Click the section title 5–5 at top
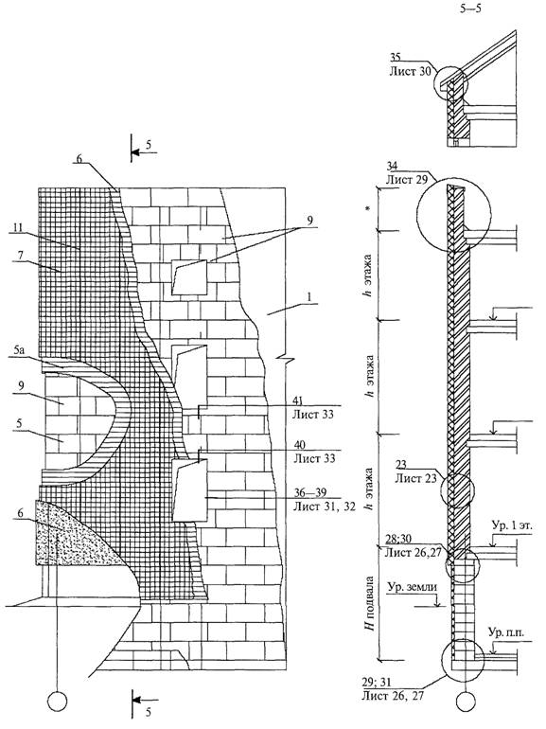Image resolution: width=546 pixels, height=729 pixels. pos(470,9)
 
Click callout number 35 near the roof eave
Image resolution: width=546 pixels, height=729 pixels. pos(396,58)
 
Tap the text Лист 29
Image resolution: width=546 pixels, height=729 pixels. pos(407,180)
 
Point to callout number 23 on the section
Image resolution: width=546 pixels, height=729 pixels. pos(402,464)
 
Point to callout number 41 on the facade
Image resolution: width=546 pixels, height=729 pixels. pos(299,400)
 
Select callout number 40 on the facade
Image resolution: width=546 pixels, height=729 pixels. pos(300,445)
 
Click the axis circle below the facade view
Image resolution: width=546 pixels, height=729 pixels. pos(58,701)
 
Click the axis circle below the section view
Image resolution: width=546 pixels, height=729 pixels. pos(466,701)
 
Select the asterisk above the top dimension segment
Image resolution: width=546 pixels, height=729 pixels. pos(368,209)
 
